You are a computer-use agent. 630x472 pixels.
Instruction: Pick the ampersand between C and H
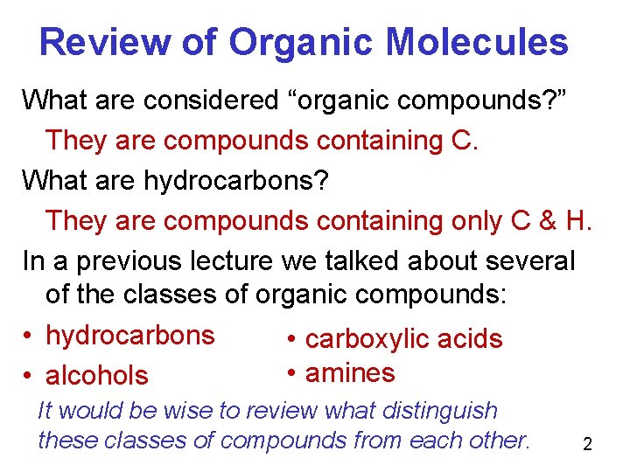point(548,220)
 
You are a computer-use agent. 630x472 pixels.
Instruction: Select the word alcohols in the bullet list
point(96,376)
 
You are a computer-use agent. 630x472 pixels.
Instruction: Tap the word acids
point(473,339)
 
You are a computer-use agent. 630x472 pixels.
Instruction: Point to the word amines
point(350,373)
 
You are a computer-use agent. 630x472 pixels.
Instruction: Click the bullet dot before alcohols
point(29,376)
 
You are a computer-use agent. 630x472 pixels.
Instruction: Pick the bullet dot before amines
point(289,373)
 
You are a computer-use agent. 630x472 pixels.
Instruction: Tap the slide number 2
point(587,445)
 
